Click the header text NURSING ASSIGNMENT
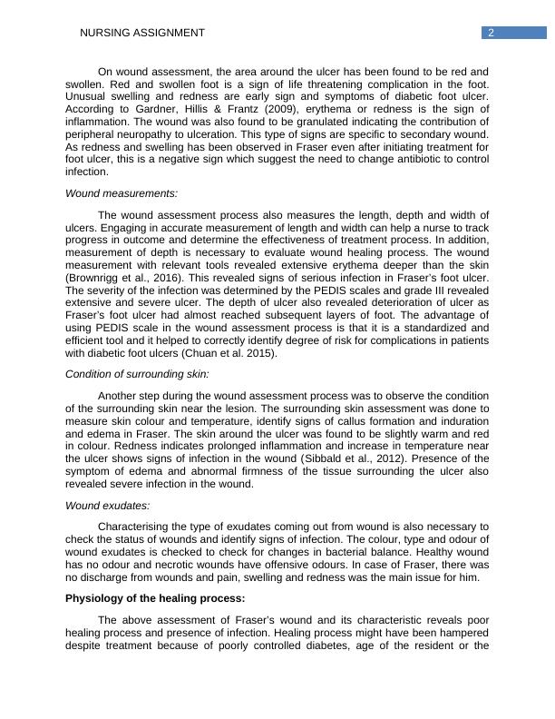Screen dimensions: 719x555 coord(142,34)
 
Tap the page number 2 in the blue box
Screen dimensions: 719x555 coord(491,34)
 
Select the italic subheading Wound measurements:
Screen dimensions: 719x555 coord(122,193)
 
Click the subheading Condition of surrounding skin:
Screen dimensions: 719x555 coord(137,373)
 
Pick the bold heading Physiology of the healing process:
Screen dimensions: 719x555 coord(155,598)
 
